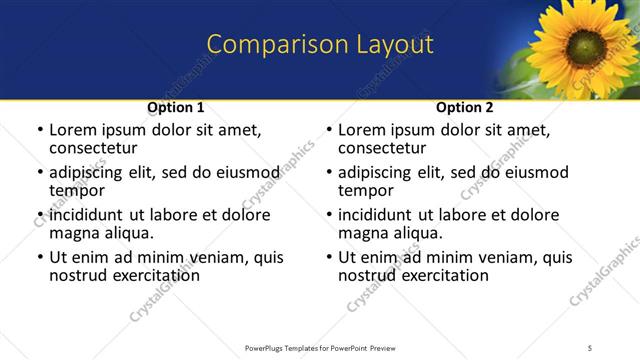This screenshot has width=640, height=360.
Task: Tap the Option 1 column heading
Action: pos(176,107)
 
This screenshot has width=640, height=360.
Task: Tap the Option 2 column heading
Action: pos(465,107)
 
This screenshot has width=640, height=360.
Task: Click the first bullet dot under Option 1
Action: pos(39,131)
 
